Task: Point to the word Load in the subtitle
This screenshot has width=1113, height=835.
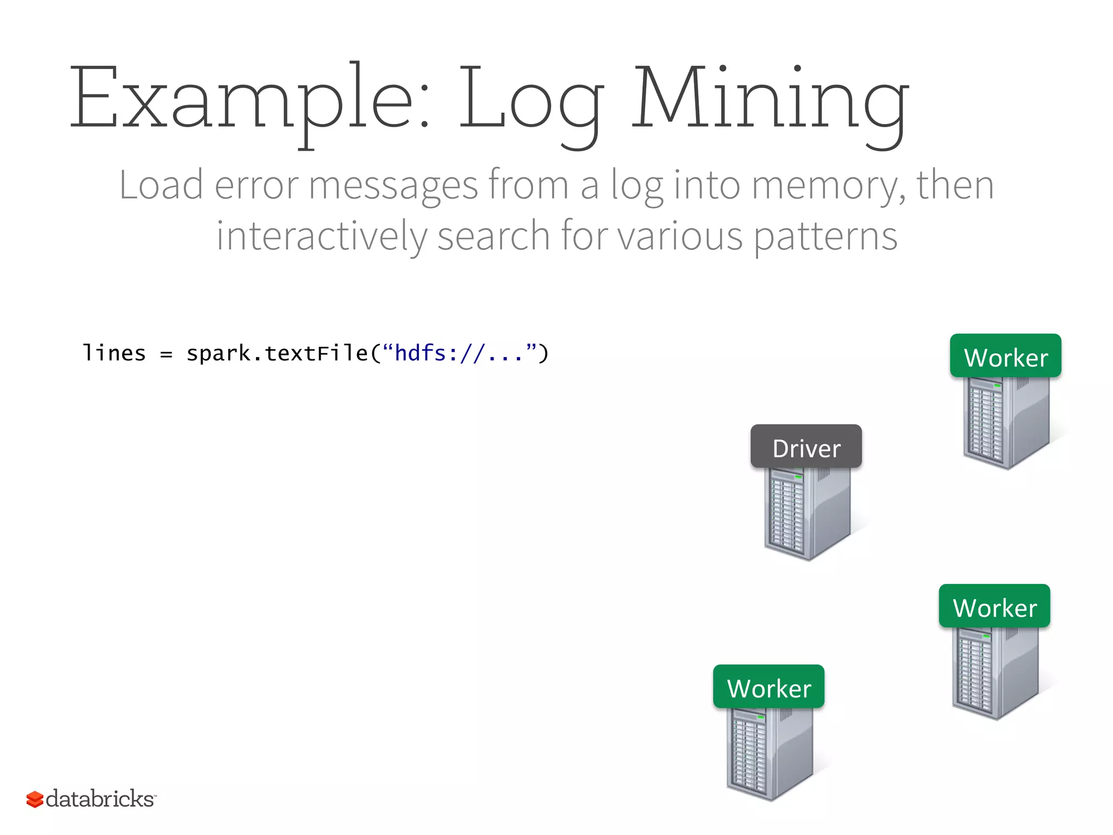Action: click(x=161, y=185)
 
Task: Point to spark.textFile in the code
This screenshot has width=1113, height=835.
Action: click(x=278, y=354)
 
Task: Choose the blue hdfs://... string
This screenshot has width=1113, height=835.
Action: click(x=459, y=353)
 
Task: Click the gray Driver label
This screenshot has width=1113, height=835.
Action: click(x=806, y=447)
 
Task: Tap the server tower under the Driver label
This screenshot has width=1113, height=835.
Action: click(x=807, y=514)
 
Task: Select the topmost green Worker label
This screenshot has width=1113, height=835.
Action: click(x=1005, y=356)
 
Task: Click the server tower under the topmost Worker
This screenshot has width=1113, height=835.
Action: click(x=1005, y=422)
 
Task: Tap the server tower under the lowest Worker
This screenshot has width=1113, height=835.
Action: click(x=769, y=753)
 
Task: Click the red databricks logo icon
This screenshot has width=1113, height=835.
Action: click(x=35, y=799)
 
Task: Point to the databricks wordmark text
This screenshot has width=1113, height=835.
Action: click(x=100, y=799)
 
